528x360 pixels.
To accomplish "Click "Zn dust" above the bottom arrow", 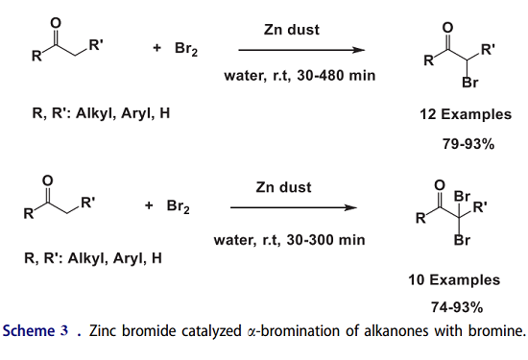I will coord(283,186).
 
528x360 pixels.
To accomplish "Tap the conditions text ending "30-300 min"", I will coord(284,231).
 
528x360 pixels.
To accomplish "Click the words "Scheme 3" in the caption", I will coord(36,332).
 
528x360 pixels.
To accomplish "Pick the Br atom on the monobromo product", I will coord(469,83).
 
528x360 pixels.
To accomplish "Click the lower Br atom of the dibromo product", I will coord(462,240).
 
